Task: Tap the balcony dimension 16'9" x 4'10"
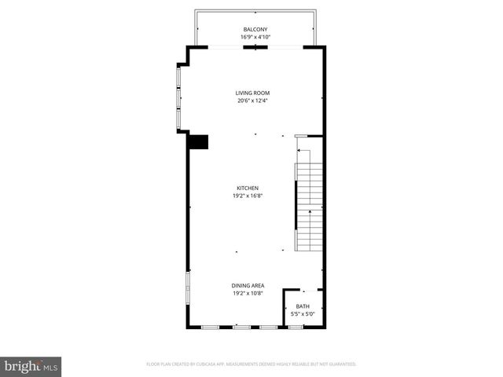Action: click(256, 37)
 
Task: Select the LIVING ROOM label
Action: click(253, 93)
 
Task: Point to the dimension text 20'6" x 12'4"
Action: click(253, 101)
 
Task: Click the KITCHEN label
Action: click(248, 188)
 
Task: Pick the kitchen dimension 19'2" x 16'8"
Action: click(248, 196)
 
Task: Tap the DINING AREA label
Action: click(248, 285)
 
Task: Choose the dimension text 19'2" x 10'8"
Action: click(248, 293)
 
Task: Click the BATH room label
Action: click(303, 306)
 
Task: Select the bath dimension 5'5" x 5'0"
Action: click(303, 314)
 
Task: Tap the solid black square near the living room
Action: click(199, 142)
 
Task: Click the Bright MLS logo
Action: click(31, 366)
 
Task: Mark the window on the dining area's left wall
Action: click(187, 287)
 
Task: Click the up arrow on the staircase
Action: click(309, 212)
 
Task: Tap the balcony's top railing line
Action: click(255, 13)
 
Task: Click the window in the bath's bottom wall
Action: click(296, 326)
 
